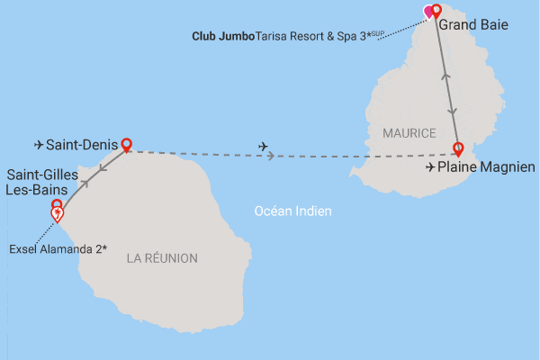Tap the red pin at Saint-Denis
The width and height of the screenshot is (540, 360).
tap(127, 144)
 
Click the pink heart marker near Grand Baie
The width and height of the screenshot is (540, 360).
tap(429, 13)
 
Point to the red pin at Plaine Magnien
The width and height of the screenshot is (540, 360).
tap(458, 148)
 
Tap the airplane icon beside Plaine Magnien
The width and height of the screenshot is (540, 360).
tap(429, 167)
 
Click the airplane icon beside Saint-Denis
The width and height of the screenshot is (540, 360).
tap(38, 145)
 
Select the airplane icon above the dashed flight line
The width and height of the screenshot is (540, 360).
tap(263, 146)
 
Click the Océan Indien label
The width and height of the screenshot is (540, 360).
tap(293, 211)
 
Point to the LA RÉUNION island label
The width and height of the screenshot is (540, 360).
tap(162, 258)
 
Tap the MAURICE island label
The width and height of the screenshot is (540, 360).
tap(409, 133)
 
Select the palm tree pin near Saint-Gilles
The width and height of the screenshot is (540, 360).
tap(58, 215)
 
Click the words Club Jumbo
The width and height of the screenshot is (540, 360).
tap(223, 38)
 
